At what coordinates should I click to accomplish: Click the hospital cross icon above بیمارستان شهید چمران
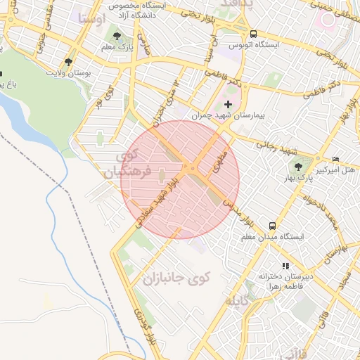click(228, 104)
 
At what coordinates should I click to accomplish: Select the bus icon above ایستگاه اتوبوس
click(253, 33)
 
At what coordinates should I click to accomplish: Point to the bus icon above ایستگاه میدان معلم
click(271, 226)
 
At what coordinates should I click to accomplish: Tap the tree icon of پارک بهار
click(300, 167)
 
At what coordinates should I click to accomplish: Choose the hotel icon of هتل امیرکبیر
click(335, 159)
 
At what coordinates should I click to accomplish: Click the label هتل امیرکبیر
click(333, 169)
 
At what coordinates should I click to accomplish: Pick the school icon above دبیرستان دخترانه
click(285, 266)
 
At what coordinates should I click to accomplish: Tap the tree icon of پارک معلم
click(116, 36)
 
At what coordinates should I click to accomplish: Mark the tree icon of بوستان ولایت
click(68, 62)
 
